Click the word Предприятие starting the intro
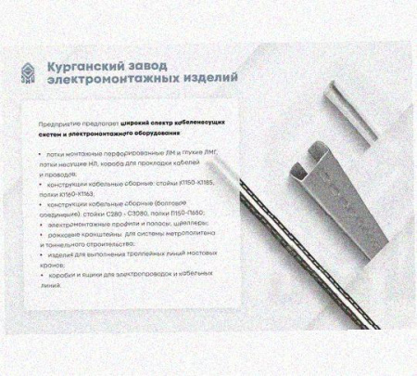57,122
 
